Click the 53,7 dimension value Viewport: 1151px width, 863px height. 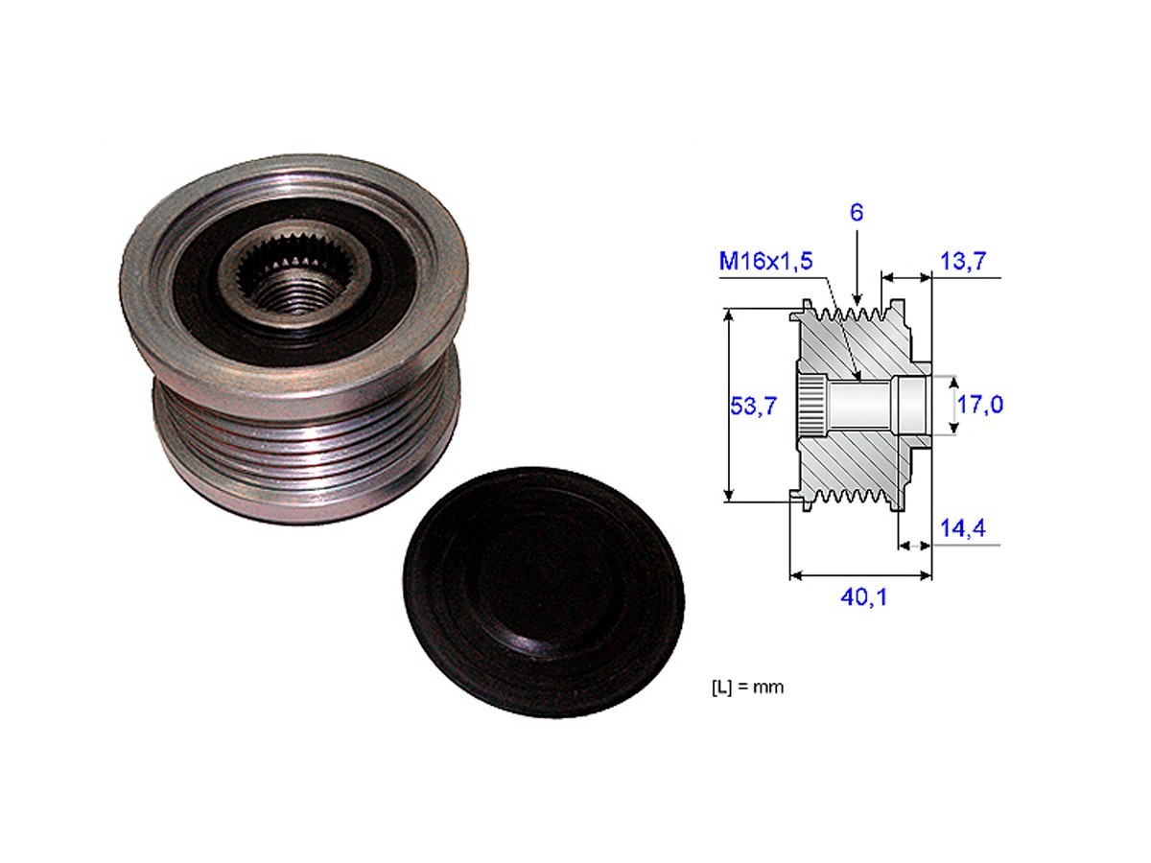[x=752, y=406]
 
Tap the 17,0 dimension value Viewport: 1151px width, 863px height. [x=980, y=405]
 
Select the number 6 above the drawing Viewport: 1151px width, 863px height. [x=857, y=213]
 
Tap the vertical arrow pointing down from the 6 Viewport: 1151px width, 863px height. [x=857, y=268]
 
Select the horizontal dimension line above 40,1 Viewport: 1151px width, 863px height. [x=860, y=576]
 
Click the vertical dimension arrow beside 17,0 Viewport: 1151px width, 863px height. [x=954, y=405]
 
